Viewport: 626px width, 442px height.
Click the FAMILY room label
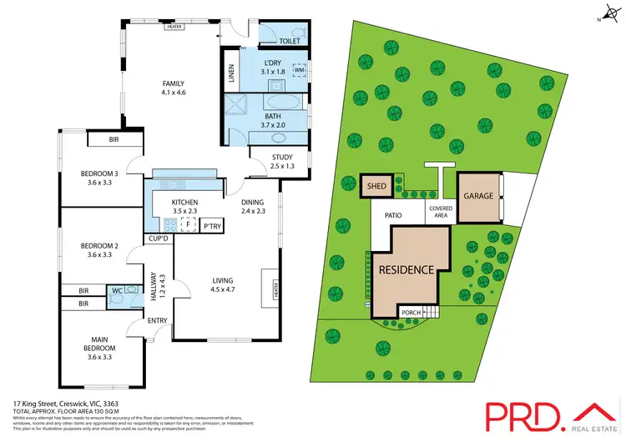pos(173,83)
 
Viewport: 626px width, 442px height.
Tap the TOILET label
pos(289,39)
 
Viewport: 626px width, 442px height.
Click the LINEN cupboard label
pos(231,73)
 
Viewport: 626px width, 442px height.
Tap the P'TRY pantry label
pos(211,226)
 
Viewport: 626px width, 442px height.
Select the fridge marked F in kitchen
pos(189,225)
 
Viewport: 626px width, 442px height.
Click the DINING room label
pos(253,203)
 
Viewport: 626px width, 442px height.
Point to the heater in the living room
pos(274,289)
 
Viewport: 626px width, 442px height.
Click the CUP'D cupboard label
pos(158,239)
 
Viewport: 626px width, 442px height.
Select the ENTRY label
pos(158,320)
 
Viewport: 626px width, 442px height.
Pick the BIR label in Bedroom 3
pos(114,139)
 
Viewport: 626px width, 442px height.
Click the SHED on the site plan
pos(376,186)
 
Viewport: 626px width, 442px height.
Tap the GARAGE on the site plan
pos(479,197)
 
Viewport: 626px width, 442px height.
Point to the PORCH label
pos(411,314)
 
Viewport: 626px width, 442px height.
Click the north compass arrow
pos(607,13)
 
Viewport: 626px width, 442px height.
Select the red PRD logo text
pos(521,414)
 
